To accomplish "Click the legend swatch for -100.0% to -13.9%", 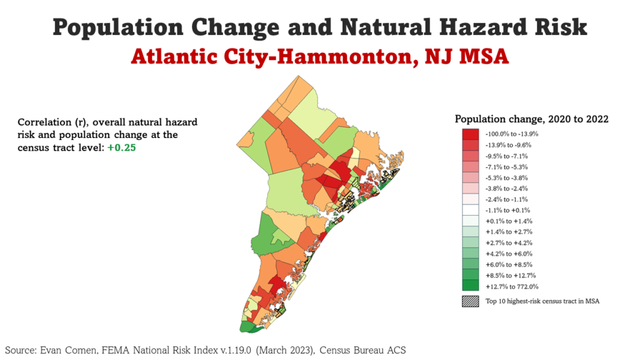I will pyautogui.click(x=471, y=134).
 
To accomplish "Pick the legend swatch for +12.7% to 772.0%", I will pyautogui.click(x=471, y=286).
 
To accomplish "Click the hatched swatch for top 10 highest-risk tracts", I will pyautogui.click(x=471, y=301).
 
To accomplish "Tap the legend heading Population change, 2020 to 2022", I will pyautogui.click(x=531, y=119).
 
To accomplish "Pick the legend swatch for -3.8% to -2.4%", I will pyautogui.click(x=471, y=188).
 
